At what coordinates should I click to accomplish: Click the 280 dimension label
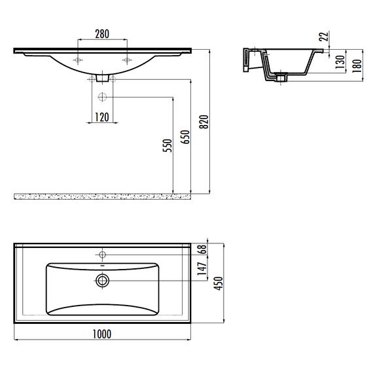[102, 34]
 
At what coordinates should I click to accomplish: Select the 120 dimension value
[102, 117]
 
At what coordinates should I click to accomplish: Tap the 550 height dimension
[168, 145]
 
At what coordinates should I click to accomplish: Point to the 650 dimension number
[185, 137]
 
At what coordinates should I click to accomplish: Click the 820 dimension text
[204, 122]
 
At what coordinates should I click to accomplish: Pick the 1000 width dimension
[102, 334]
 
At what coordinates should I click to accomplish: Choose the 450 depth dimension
[219, 283]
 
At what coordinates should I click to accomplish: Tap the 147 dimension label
[202, 269]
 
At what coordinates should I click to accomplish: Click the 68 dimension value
[203, 249]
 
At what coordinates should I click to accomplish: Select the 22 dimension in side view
[323, 36]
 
